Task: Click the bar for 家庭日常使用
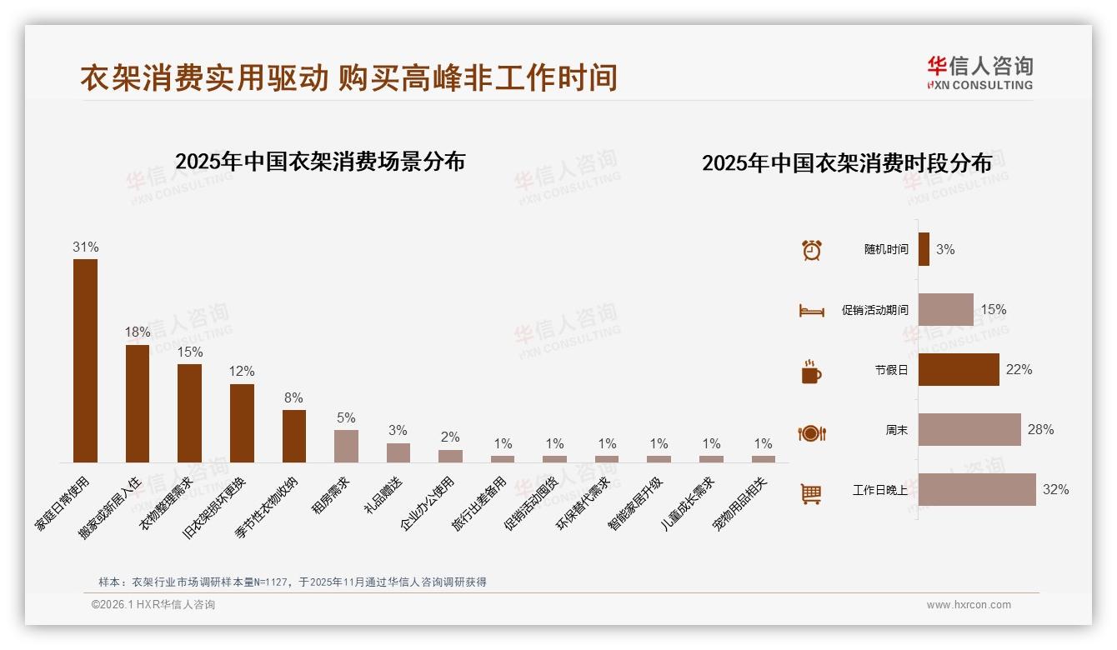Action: pos(85,360)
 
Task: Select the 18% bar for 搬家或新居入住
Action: pos(138,403)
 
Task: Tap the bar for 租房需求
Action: pos(346,446)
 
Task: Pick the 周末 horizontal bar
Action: pos(969,430)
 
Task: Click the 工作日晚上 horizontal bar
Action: pos(977,490)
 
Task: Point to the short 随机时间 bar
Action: pos(924,249)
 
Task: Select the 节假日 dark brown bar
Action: pos(959,370)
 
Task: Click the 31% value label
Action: pos(85,247)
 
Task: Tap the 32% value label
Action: pos(1055,490)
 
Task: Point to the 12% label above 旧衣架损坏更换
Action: pos(242,372)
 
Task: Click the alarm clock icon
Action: pos(811,250)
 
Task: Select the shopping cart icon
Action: pos(811,493)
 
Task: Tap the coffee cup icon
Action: pos(811,372)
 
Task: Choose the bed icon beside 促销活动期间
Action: pos(811,311)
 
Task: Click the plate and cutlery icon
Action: pos(811,432)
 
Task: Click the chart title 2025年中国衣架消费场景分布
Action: pos(320,162)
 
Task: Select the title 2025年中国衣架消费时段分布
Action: pos(846,162)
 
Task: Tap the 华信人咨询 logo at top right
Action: pos(979,72)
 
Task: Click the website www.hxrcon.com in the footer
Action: pos(969,605)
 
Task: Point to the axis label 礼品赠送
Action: pos(384,493)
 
